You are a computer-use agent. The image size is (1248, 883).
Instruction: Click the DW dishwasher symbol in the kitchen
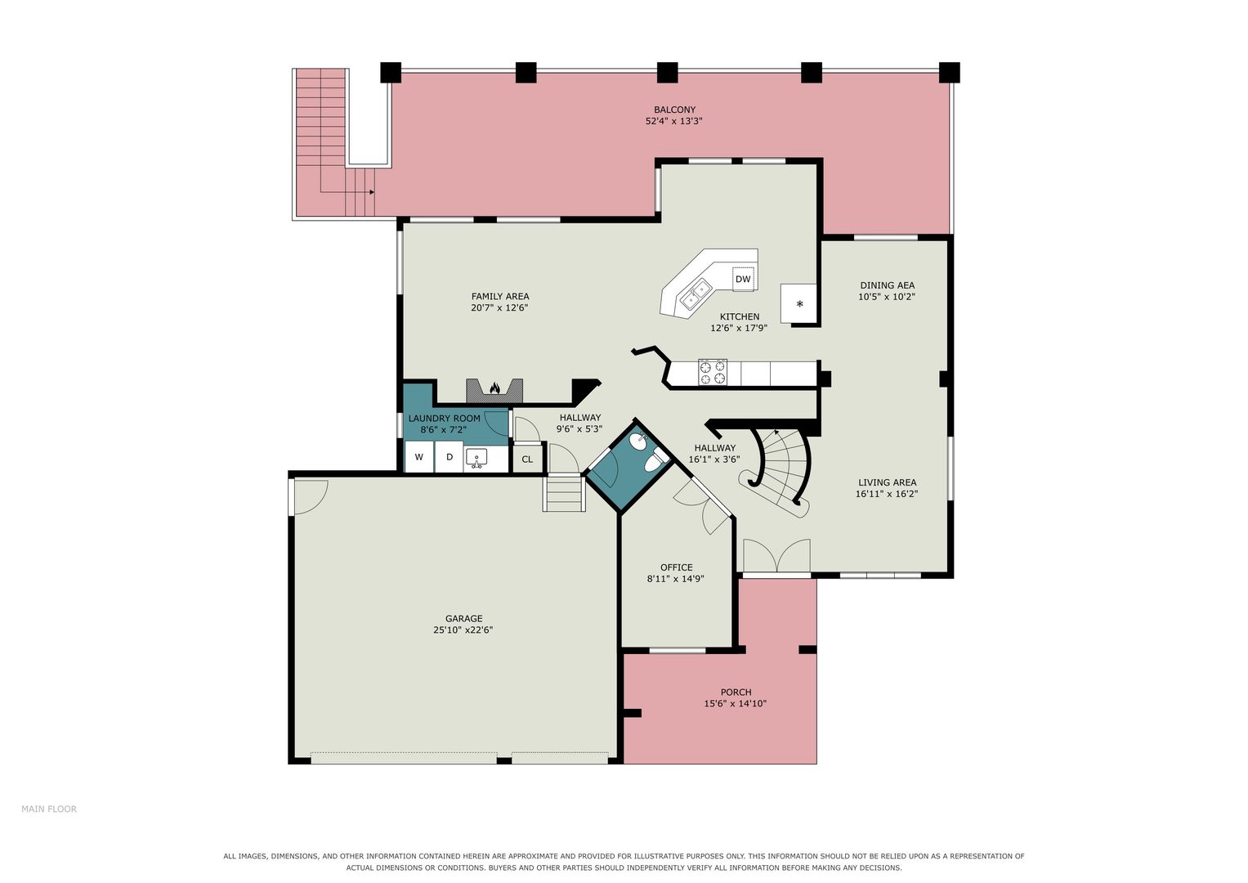[743, 279]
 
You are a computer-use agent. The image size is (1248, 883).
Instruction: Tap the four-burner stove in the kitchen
[713, 372]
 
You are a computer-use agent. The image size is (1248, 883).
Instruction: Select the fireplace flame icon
[494, 388]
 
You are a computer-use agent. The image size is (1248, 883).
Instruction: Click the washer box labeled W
[419, 457]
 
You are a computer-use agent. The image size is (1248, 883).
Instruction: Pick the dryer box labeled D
[449, 457]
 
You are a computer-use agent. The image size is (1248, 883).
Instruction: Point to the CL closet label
[527, 459]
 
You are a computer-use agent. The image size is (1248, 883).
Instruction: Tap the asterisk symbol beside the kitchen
[799, 304]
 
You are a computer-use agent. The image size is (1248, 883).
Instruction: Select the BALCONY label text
[675, 110]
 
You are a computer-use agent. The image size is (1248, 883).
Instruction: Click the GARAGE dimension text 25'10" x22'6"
[463, 630]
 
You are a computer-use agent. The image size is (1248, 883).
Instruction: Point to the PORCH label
[736, 693]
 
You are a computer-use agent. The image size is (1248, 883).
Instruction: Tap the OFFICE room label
[677, 567]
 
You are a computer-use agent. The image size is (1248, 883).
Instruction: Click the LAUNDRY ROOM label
[444, 419]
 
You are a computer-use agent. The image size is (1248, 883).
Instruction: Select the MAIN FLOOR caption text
[49, 809]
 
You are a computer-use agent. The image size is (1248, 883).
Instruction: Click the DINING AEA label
[887, 285]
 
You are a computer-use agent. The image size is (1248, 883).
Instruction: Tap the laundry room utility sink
[476, 458]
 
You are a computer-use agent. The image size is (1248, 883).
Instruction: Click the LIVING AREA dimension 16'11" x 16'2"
[887, 494]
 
